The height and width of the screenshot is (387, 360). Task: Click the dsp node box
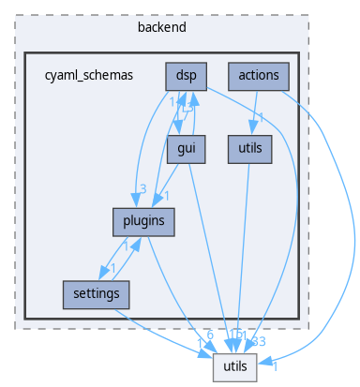point(184,75)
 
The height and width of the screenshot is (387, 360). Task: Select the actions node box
point(257,75)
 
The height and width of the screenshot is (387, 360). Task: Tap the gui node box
point(184,148)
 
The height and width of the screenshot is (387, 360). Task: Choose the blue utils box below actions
point(249,148)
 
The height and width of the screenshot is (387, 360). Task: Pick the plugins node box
point(137,221)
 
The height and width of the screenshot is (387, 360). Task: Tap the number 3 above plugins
point(142,189)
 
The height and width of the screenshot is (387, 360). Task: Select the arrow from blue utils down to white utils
point(247,253)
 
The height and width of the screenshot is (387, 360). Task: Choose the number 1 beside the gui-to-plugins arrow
point(167,195)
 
